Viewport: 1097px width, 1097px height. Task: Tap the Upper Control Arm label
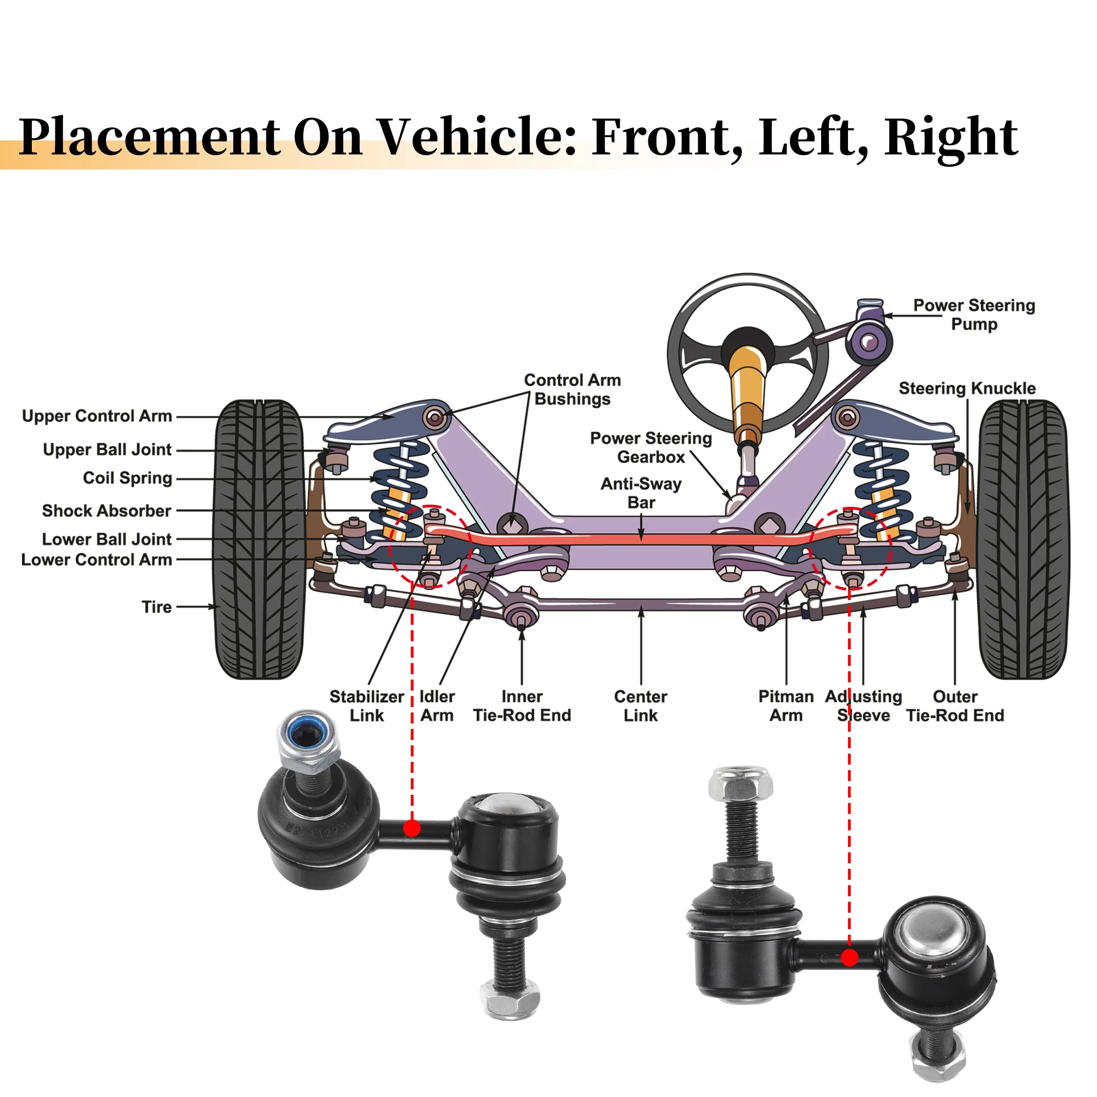click(97, 416)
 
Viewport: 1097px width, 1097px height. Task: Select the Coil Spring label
click(127, 478)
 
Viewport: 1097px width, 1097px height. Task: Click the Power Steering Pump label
click(974, 314)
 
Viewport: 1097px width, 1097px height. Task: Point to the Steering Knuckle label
click(967, 388)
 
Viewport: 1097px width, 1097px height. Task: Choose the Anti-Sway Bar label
click(641, 493)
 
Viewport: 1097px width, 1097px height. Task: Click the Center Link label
click(641, 706)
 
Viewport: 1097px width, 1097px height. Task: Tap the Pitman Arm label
click(786, 706)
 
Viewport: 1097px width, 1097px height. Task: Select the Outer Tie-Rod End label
click(955, 706)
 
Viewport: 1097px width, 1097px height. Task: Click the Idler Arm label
click(437, 706)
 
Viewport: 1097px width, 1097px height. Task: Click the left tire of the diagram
click(259, 539)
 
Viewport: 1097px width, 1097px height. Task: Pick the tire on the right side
click(1023, 539)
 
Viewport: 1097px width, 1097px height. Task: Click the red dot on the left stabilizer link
click(412, 828)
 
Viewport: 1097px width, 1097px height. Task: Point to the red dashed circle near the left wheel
click(430, 546)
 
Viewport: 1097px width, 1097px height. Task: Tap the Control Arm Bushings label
click(572, 389)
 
